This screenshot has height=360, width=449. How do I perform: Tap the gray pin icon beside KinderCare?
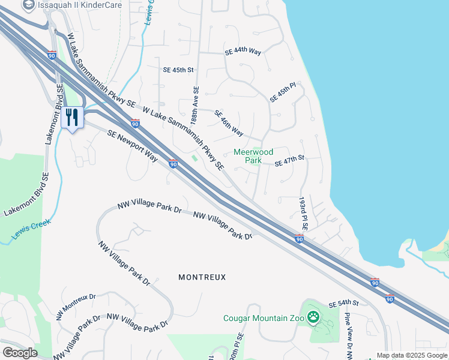(x=28, y=5)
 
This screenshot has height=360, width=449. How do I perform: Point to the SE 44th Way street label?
(x=243, y=53)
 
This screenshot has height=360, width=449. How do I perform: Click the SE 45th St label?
(x=178, y=70)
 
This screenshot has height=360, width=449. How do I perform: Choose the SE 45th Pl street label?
(x=283, y=92)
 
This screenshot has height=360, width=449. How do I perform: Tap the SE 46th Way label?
(x=229, y=124)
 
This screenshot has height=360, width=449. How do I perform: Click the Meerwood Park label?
(x=253, y=157)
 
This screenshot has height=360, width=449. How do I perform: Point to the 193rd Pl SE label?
(x=303, y=213)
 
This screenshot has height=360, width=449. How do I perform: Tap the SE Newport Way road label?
(x=132, y=146)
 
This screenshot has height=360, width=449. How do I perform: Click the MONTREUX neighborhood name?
(x=202, y=277)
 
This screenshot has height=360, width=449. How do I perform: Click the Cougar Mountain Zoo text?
(x=264, y=318)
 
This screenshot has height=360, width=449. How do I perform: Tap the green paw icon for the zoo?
(x=313, y=317)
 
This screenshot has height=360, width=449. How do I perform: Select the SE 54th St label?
(x=343, y=305)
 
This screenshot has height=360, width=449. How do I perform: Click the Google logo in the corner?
(x=20, y=352)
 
